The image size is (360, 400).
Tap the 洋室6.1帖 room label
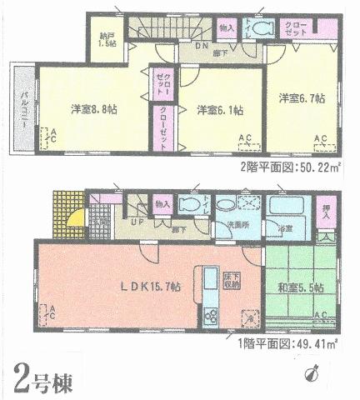coord(220,109)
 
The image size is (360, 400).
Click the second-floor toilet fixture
coord(263,27)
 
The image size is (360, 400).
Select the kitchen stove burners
coord(208,317)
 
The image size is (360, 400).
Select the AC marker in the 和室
coord(319,314)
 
